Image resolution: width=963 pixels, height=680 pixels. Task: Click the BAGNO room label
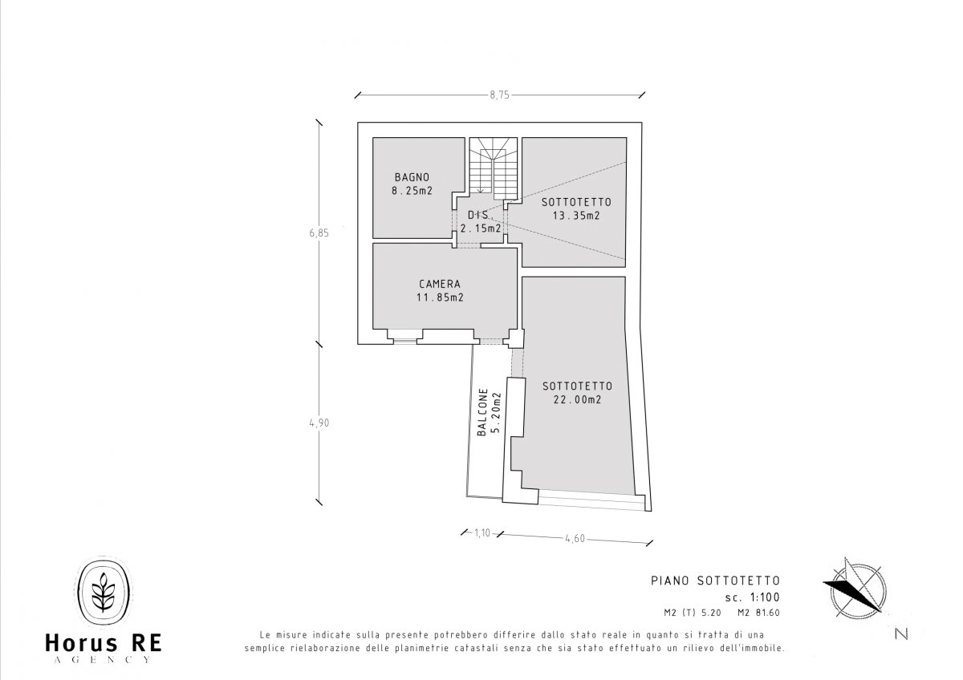pos(412,177)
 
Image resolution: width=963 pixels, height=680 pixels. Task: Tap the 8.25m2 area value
pos(412,191)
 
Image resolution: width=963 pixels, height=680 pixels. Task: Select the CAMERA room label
pos(440,284)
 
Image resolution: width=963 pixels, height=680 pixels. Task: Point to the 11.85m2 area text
pos(440,297)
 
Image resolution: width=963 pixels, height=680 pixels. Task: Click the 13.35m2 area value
pos(576,216)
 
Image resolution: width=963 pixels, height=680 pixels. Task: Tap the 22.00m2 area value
pos(577,399)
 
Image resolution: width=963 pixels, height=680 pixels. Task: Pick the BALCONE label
pos(482,412)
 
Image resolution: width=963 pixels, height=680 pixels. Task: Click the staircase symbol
pos(493,168)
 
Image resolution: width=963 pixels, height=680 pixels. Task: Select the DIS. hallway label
pos(478,214)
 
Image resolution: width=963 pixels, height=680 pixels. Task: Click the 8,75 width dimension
pos(499,95)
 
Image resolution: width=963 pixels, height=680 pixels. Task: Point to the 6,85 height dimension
pos(319,233)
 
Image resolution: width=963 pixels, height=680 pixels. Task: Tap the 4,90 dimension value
pos(319,423)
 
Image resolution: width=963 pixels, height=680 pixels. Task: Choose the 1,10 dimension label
pos(482,533)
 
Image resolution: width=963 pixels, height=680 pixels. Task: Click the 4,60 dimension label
pos(575,539)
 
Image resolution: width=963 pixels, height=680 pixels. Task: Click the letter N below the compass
pos(901,634)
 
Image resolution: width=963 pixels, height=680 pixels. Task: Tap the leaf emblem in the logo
pos(104,592)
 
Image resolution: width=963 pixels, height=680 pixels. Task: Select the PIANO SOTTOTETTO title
pos(715,581)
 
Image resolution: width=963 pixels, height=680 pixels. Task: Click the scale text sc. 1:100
pos(753,597)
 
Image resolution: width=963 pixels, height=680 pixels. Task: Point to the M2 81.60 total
pos(758,613)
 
